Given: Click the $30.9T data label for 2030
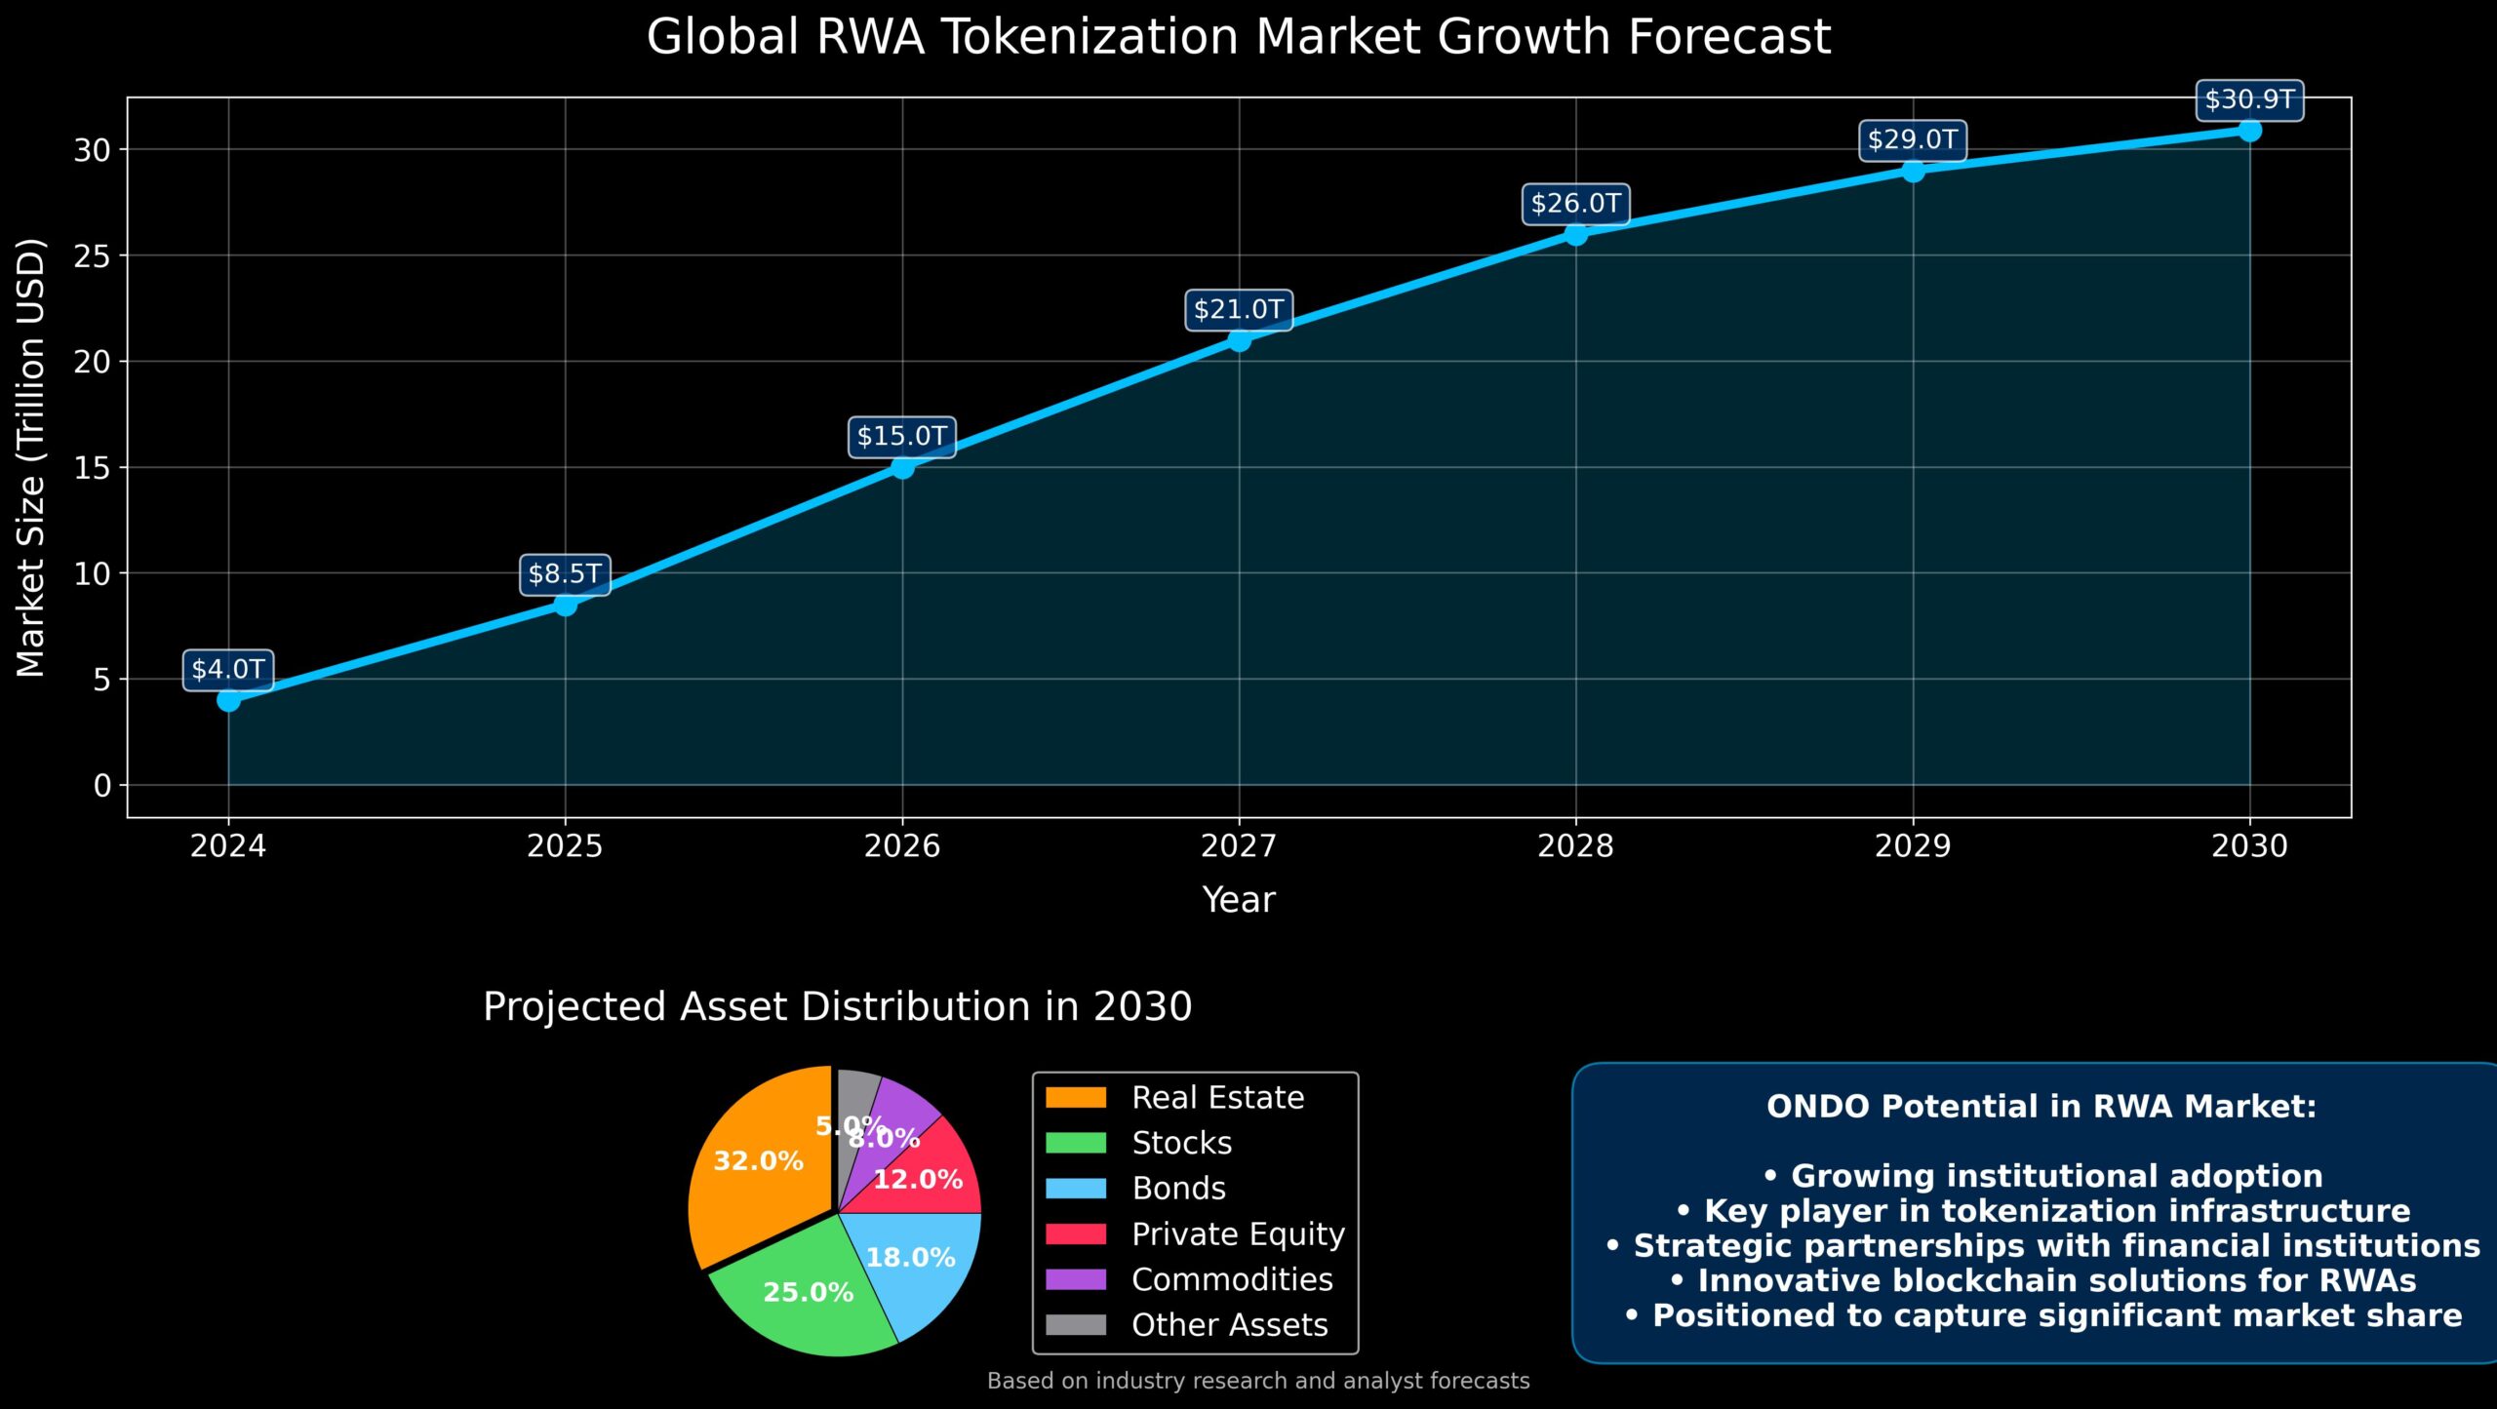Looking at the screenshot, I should point(2249,99).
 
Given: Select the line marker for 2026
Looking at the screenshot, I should point(902,467).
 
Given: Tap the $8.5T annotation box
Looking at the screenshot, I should point(565,574).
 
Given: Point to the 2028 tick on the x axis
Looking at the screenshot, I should point(1575,844).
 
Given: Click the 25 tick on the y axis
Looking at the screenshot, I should point(92,256).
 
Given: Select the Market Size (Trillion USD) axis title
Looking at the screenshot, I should point(31,457).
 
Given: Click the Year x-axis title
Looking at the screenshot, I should point(1238,899).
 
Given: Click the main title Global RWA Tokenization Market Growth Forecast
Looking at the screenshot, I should point(1238,37).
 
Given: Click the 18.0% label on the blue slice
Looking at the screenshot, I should point(910,1258).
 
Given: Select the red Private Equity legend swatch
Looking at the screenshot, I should point(1076,1234).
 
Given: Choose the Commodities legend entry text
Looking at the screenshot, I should point(1232,1279).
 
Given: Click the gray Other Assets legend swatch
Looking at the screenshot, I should point(1076,1324).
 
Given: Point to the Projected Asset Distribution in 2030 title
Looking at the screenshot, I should point(837,1006).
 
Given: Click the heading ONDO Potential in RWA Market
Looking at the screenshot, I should point(2041,1107).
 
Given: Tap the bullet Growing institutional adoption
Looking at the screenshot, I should point(2042,1176).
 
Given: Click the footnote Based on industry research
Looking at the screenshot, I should point(1257,1381).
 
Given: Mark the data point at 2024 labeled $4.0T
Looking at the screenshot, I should point(228,700).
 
